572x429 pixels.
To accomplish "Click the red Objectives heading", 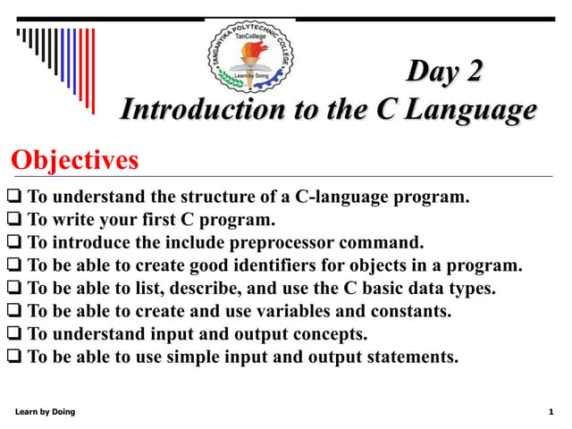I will tap(75, 161).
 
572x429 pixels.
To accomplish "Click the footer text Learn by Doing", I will tap(46, 411).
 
